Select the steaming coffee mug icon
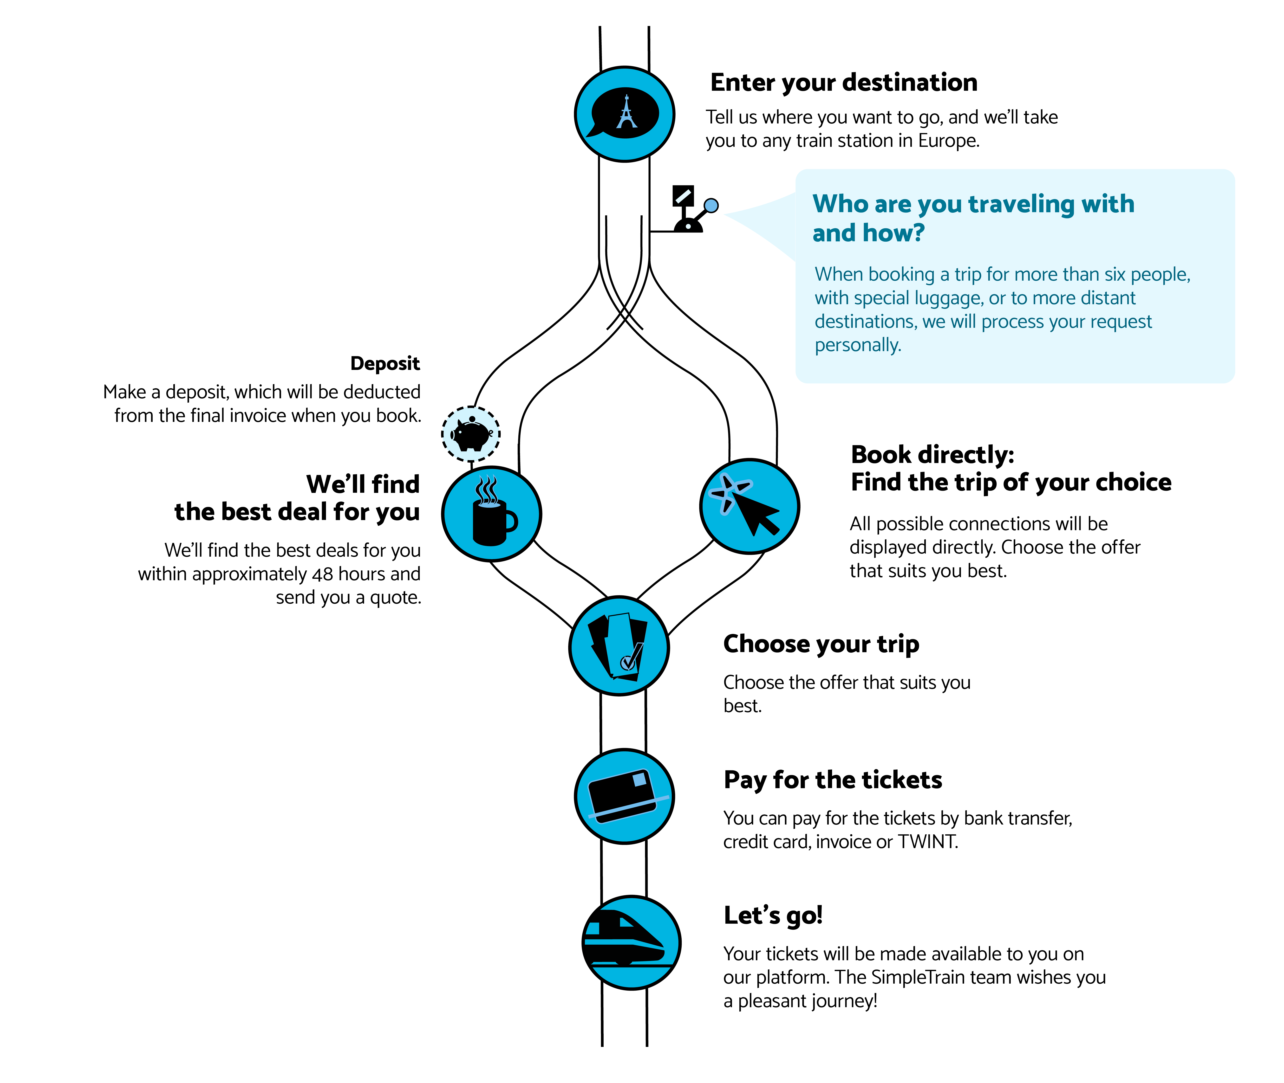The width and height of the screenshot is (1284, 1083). (x=491, y=514)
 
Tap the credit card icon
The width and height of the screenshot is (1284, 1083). (x=625, y=796)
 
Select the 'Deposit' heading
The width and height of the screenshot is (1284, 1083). (x=385, y=363)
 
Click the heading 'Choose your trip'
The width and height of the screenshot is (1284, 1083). (x=821, y=644)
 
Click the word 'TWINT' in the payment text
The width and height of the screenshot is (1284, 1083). (x=927, y=842)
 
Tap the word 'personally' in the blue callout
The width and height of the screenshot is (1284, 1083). (x=857, y=345)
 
